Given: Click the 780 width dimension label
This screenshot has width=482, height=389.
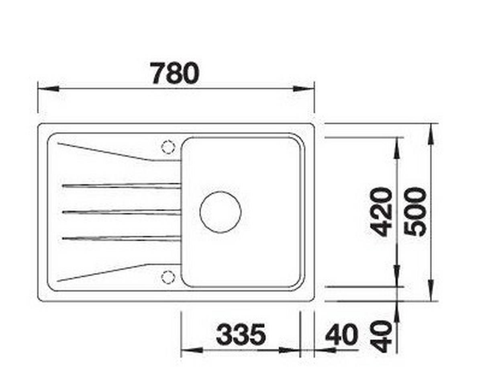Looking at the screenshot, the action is click(x=174, y=73).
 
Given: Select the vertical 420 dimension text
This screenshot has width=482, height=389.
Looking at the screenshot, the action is click(x=381, y=212).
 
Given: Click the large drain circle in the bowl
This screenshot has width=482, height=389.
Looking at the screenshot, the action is click(x=221, y=212).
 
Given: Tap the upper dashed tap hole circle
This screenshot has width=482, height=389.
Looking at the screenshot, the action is click(x=168, y=147).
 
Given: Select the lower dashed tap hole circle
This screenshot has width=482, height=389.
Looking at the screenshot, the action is click(x=168, y=277).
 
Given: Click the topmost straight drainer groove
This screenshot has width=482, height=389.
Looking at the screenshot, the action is click(x=122, y=185).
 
